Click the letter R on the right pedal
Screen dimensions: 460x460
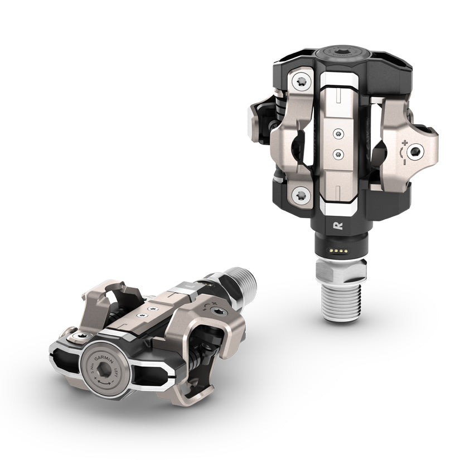pos(337,226)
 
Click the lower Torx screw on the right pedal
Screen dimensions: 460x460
pos(302,195)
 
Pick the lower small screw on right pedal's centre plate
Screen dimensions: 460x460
pos(337,152)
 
